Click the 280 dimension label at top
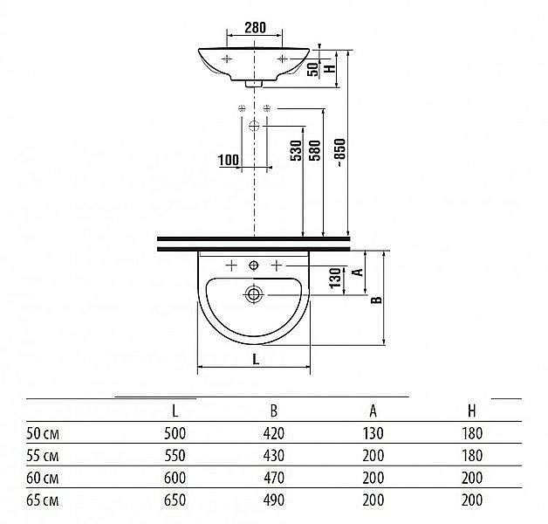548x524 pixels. coord(255,27)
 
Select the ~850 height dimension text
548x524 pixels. coord(340,153)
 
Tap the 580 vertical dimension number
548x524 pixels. coord(315,150)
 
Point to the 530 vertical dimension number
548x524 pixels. coord(296,150)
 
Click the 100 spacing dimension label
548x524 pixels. coord(229,160)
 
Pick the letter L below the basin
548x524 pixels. coord(256,359)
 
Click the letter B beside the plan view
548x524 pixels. coord(376,300)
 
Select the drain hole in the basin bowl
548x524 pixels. coord(254,294)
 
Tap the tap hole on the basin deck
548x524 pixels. coord(254,265)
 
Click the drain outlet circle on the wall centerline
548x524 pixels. coord(254,126)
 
